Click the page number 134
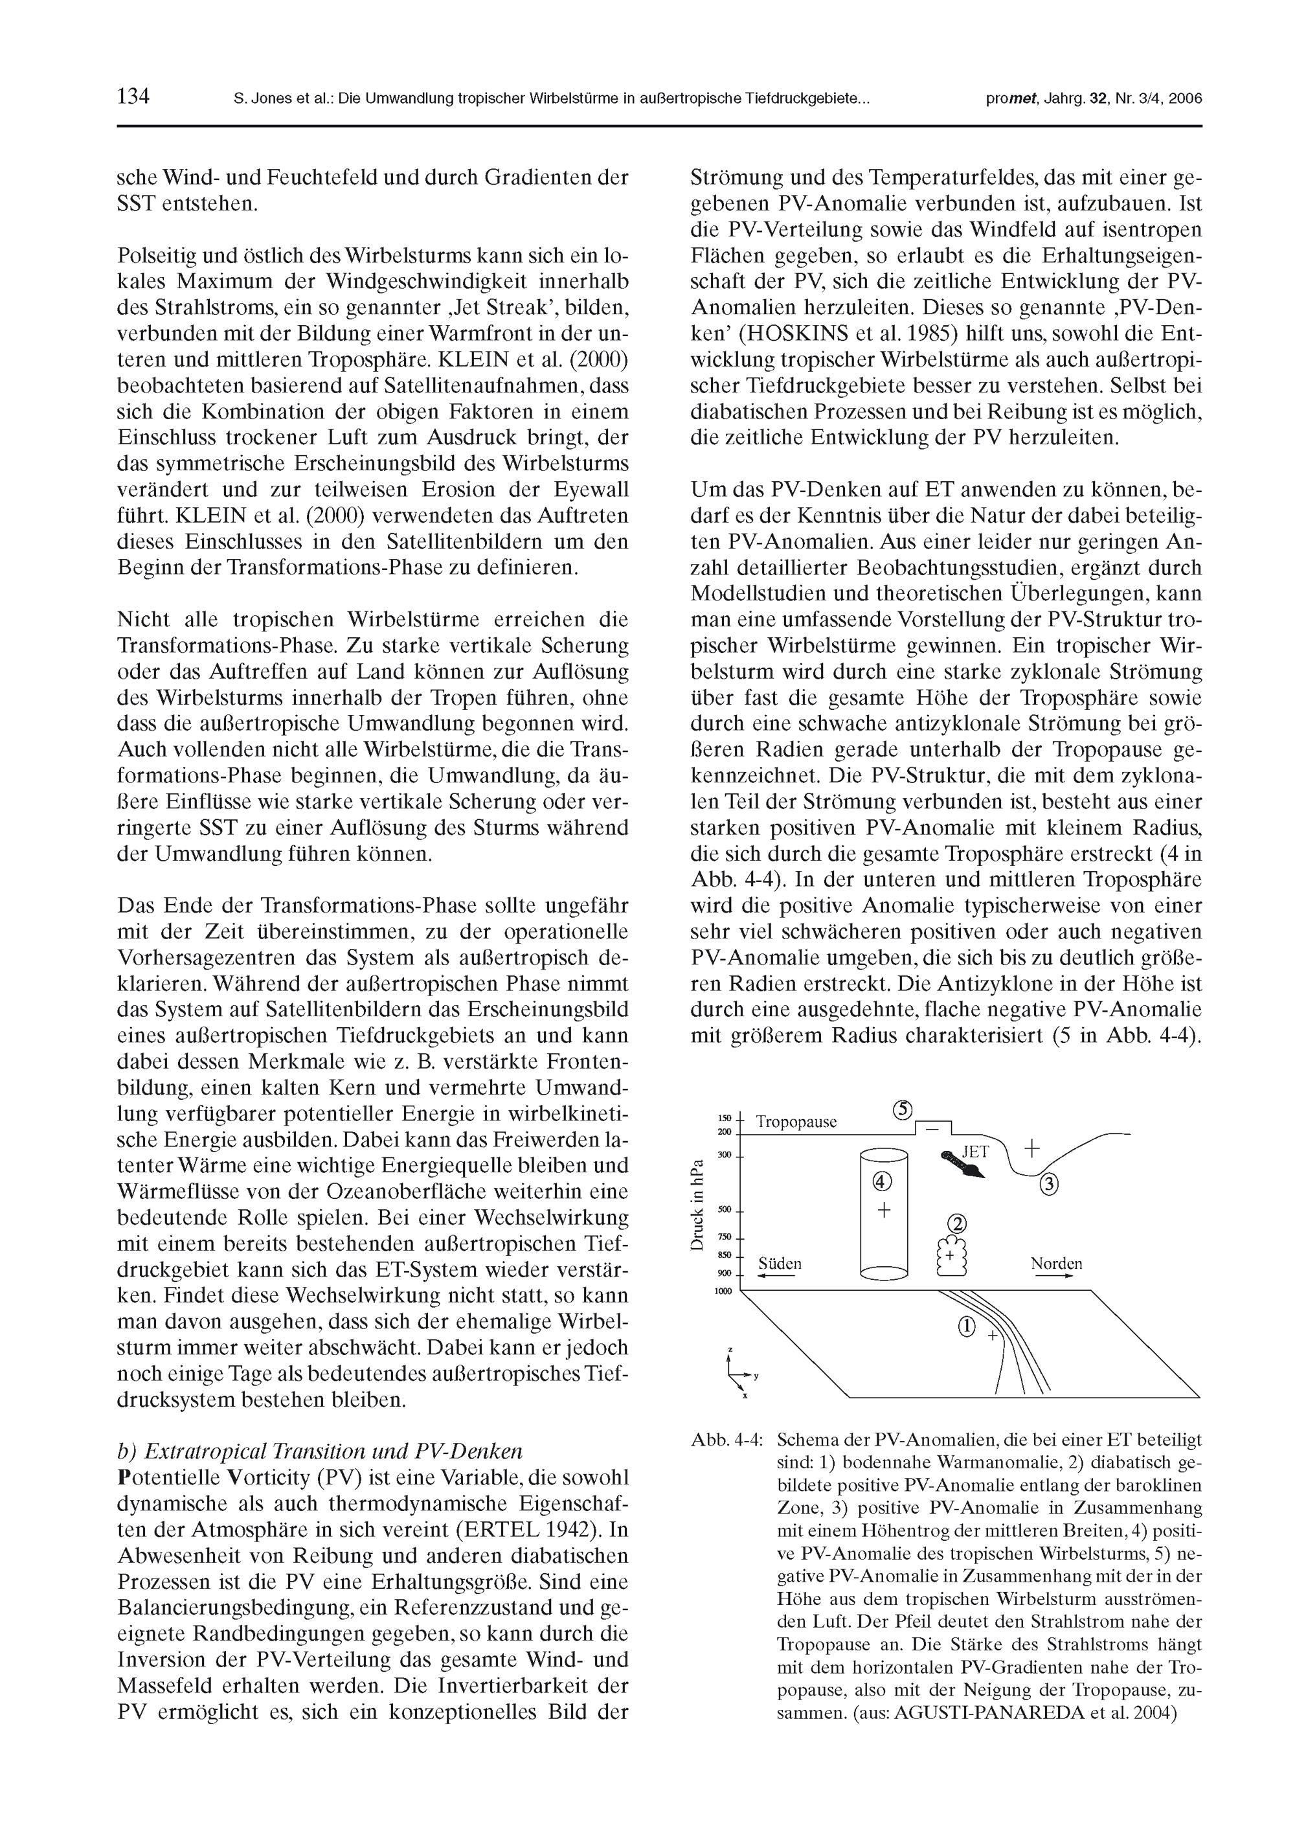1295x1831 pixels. (133, 97)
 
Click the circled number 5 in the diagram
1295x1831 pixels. (903, 1110)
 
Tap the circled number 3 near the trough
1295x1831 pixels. (1050, 1185)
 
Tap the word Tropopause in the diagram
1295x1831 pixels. (796, 1122)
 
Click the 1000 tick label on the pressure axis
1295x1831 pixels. (723, 1291)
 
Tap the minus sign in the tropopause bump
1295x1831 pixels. (930, 1128)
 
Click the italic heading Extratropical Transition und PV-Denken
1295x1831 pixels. (319, 1451)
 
